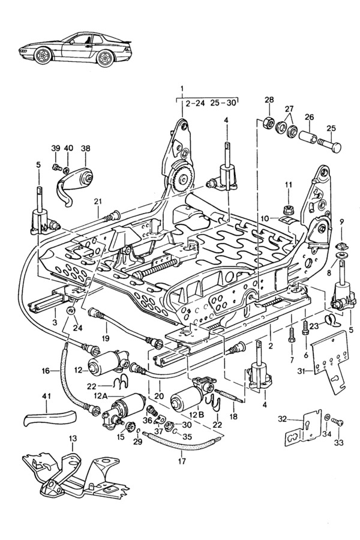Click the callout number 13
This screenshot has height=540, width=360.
pyautogui.click(x=73, y=439)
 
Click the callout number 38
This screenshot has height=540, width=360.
pyautogui.click(x=85, y=148)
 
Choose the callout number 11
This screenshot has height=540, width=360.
pyautogui.click(x=288, y=184)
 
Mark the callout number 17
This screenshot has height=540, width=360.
pyautogui.click(x=182, y=461)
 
